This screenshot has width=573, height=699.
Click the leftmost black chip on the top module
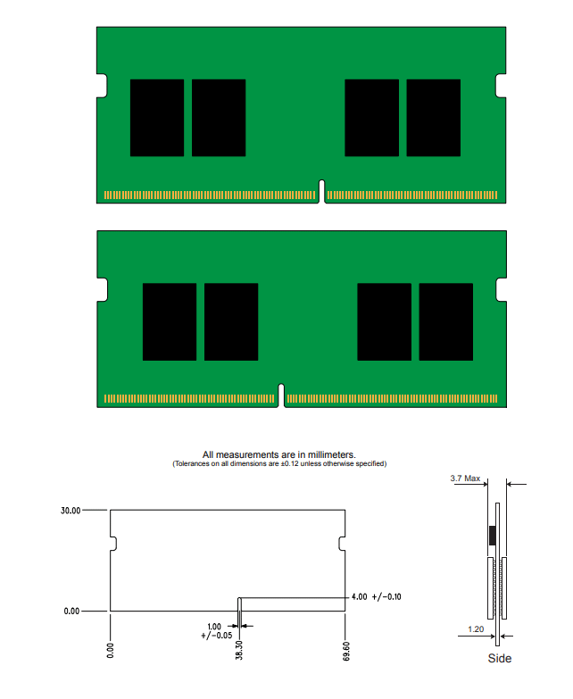click(157, 118)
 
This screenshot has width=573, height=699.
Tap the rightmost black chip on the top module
click(434, 118)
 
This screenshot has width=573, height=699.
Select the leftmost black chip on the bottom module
click(170, 321)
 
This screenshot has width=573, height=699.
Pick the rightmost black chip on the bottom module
click(446, 321)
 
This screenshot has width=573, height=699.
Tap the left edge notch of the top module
click(102, 86)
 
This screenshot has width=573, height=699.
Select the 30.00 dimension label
click(70, 511)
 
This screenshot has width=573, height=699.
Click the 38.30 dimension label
click(239, 648)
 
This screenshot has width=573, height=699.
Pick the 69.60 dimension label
click(345, 648)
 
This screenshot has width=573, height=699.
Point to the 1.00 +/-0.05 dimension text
click(215, 630)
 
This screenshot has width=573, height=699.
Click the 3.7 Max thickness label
click(465, 479)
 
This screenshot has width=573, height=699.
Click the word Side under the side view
click(499, 659)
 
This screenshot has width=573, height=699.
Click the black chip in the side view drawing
click(491, 536)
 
